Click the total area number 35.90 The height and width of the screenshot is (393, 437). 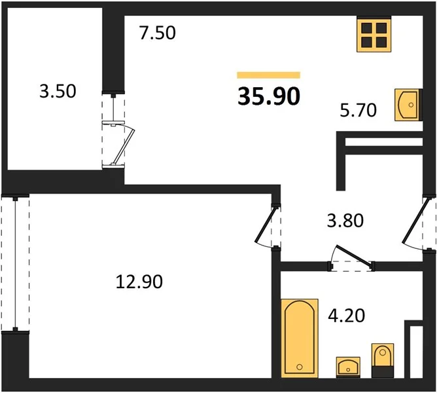point(269,96)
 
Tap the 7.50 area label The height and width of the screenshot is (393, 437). point(158,33)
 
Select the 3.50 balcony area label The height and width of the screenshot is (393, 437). point(58,91)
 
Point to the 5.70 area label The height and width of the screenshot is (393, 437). point(358,110)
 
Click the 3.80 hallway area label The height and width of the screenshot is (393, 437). point(345,221)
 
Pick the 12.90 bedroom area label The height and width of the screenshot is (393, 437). point(139,282)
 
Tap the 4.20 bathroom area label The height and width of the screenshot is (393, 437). point(347,316)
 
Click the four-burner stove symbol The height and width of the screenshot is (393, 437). point(374,35)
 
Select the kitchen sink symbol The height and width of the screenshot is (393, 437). point(407,105)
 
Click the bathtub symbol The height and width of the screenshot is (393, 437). point(300,338)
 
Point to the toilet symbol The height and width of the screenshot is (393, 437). point(382,360)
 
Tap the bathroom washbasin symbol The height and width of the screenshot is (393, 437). point(348,367)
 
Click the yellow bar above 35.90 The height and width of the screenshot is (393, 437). point(269,75)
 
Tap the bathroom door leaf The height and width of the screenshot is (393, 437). point(354,255)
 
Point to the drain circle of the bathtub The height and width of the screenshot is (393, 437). point(300,367)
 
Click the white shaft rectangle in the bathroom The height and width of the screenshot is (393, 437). point(416,352)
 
